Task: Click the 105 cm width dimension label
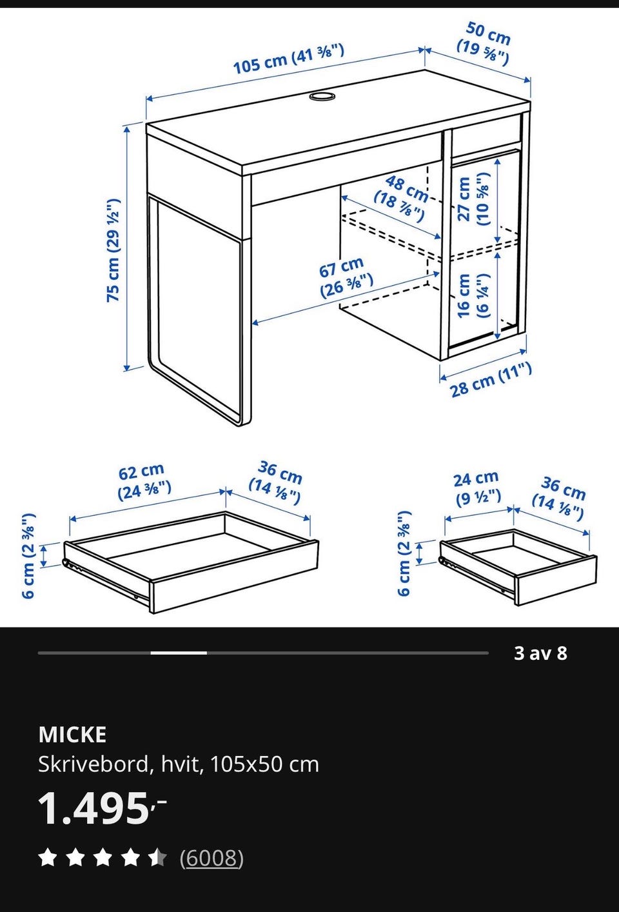coord(288,59)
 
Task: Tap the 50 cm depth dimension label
coord(484,44)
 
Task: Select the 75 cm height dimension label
coord(113,250)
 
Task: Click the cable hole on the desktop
coord(322,97)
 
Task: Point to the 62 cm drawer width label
coord(144,482)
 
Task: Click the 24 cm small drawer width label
coord(477,488)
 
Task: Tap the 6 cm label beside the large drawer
coord(29,555)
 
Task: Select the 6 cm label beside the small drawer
coord(404,553)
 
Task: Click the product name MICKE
coord(72,735)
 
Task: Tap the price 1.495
coord(102,809)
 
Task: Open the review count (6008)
coord(211,858)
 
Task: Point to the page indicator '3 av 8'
coord(540,653)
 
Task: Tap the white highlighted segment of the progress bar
coord(179,653)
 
